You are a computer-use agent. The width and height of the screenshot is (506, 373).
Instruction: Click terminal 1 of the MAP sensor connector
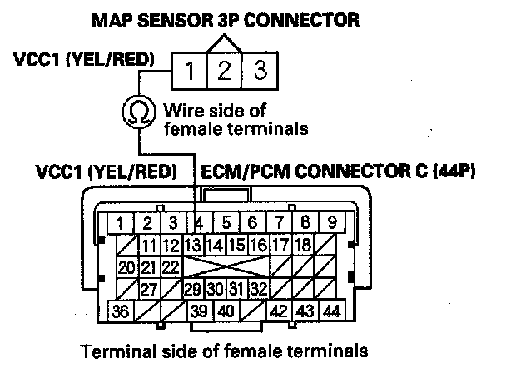tap(190, 71)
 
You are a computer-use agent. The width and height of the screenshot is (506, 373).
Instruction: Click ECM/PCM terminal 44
tap(331, 311)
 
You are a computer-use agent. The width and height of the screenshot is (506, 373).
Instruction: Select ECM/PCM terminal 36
tap(122, 311)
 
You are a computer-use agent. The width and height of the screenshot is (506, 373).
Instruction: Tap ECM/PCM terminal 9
tap(331, 222)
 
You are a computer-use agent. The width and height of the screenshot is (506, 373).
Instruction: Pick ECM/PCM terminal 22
tap(171, 266)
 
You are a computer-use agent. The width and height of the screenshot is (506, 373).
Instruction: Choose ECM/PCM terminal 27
tap(149, 289)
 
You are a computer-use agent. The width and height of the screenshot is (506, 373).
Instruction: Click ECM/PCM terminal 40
tap(226, 311)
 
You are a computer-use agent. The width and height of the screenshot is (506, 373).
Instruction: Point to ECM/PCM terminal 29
tap(193, 289)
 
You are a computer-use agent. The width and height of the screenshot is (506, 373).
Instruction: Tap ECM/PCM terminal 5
tap(226, 222)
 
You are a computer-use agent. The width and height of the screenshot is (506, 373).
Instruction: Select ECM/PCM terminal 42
tap(280, 311)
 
